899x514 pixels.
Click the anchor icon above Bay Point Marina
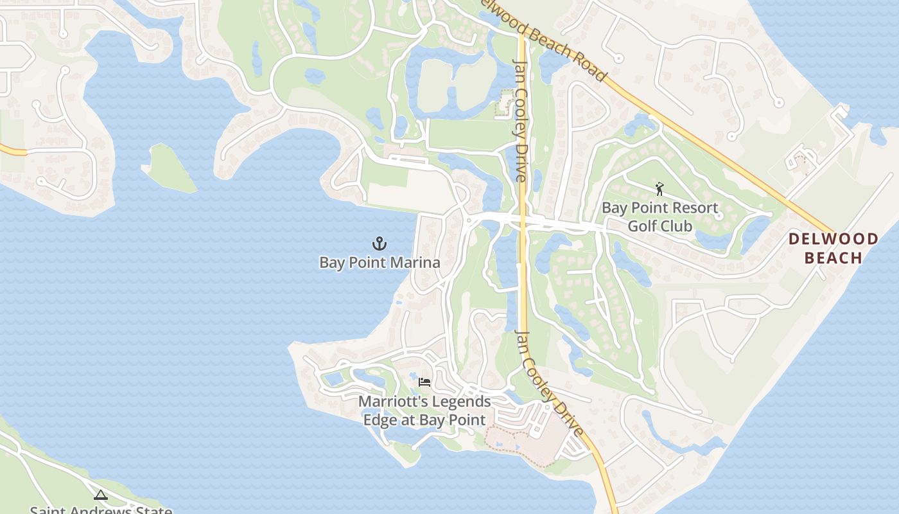pyautogui.click(x=380, y=244)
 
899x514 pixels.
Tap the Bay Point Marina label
pyautogui.click(x=380, y=262)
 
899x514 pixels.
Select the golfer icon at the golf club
pyautogui.click(x=659, y=189)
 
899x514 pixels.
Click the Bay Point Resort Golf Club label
pyautogui.click(x=659, y=217)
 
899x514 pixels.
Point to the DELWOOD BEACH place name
pyautogui.click(x=833, y=248)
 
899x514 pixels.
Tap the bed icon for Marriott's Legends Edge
pyautogui.click(x=424, y=382)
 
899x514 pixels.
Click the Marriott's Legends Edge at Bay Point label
pyautogui.click(x=424, y=411)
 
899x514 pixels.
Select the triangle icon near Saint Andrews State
pyautogui.click(x=100, y=495)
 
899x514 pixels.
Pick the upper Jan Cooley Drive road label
pyautogui.click(x=520, y=119)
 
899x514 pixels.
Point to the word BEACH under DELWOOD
pyautogui.click(x=833, y=258)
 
